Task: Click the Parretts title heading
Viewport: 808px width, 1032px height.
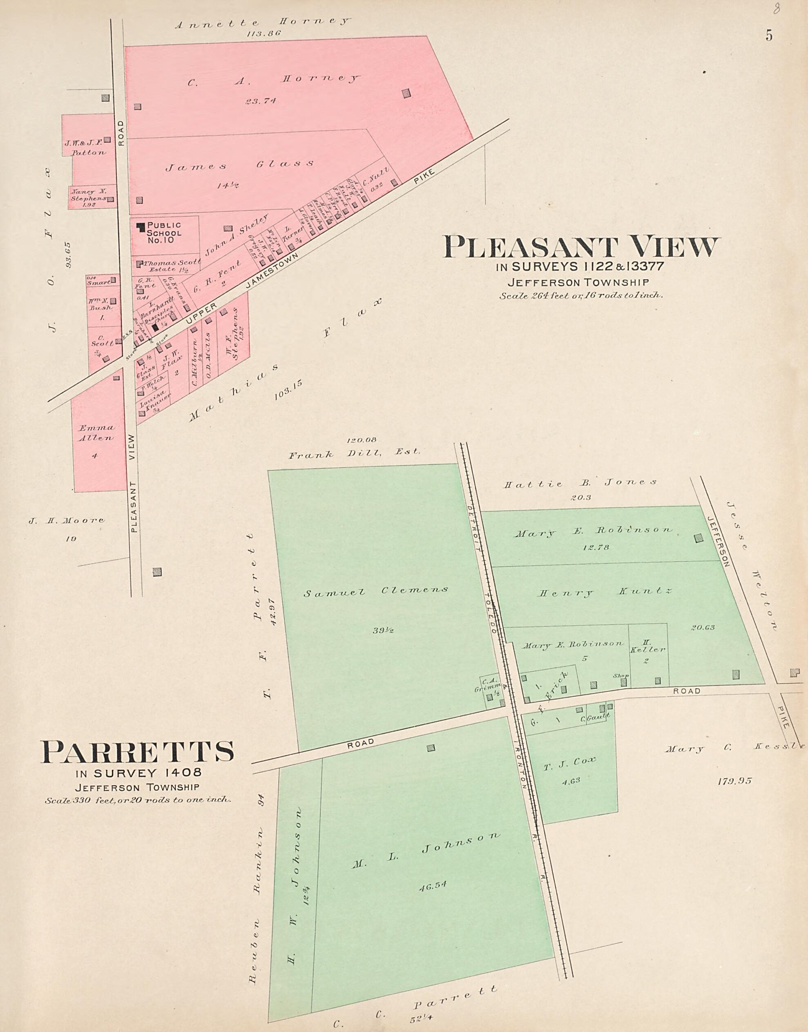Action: pyautogui.click(x=137, y=751)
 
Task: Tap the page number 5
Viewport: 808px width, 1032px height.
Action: pyautogui.click(x=769, y=36)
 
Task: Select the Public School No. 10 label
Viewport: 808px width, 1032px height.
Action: pyautogui.click(x=164, y=233)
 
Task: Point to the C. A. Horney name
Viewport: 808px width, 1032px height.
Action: pyautogui.click(x=273, y=80)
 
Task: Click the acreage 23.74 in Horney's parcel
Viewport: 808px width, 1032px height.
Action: pyautogui.click(x=260, y=101)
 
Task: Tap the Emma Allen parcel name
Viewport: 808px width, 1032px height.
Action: pyautogui.click(x=96, y=433)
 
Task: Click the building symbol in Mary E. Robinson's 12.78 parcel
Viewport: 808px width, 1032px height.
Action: pyautogui.click(x=698, y=538)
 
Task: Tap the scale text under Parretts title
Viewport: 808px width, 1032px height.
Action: pyautogui.click(x=138, y=801)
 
